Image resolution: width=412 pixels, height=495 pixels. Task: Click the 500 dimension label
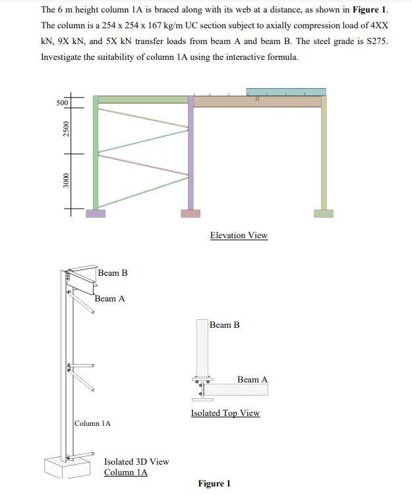62,103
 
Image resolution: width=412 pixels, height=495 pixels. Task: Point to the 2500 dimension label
65,130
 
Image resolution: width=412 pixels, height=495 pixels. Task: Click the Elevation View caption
239,236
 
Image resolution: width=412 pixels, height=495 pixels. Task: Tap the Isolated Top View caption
225,413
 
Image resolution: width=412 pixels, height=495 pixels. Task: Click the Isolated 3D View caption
136,462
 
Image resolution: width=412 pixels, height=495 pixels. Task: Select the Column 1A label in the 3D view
92,423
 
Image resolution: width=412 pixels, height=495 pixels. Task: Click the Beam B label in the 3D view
113,273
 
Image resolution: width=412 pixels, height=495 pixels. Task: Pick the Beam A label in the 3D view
109,299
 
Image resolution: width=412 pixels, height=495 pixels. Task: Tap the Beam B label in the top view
225,325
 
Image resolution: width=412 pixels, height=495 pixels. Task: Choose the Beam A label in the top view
252,380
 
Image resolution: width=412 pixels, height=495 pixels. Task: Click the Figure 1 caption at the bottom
214,484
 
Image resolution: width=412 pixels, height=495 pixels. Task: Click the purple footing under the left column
96,213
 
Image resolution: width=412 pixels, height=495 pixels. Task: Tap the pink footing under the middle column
191,213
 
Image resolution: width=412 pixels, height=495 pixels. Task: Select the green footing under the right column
323,213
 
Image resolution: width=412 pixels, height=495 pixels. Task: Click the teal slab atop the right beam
285,91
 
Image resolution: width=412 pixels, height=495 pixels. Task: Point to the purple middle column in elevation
191,158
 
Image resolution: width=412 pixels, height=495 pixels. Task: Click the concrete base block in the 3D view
66,466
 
